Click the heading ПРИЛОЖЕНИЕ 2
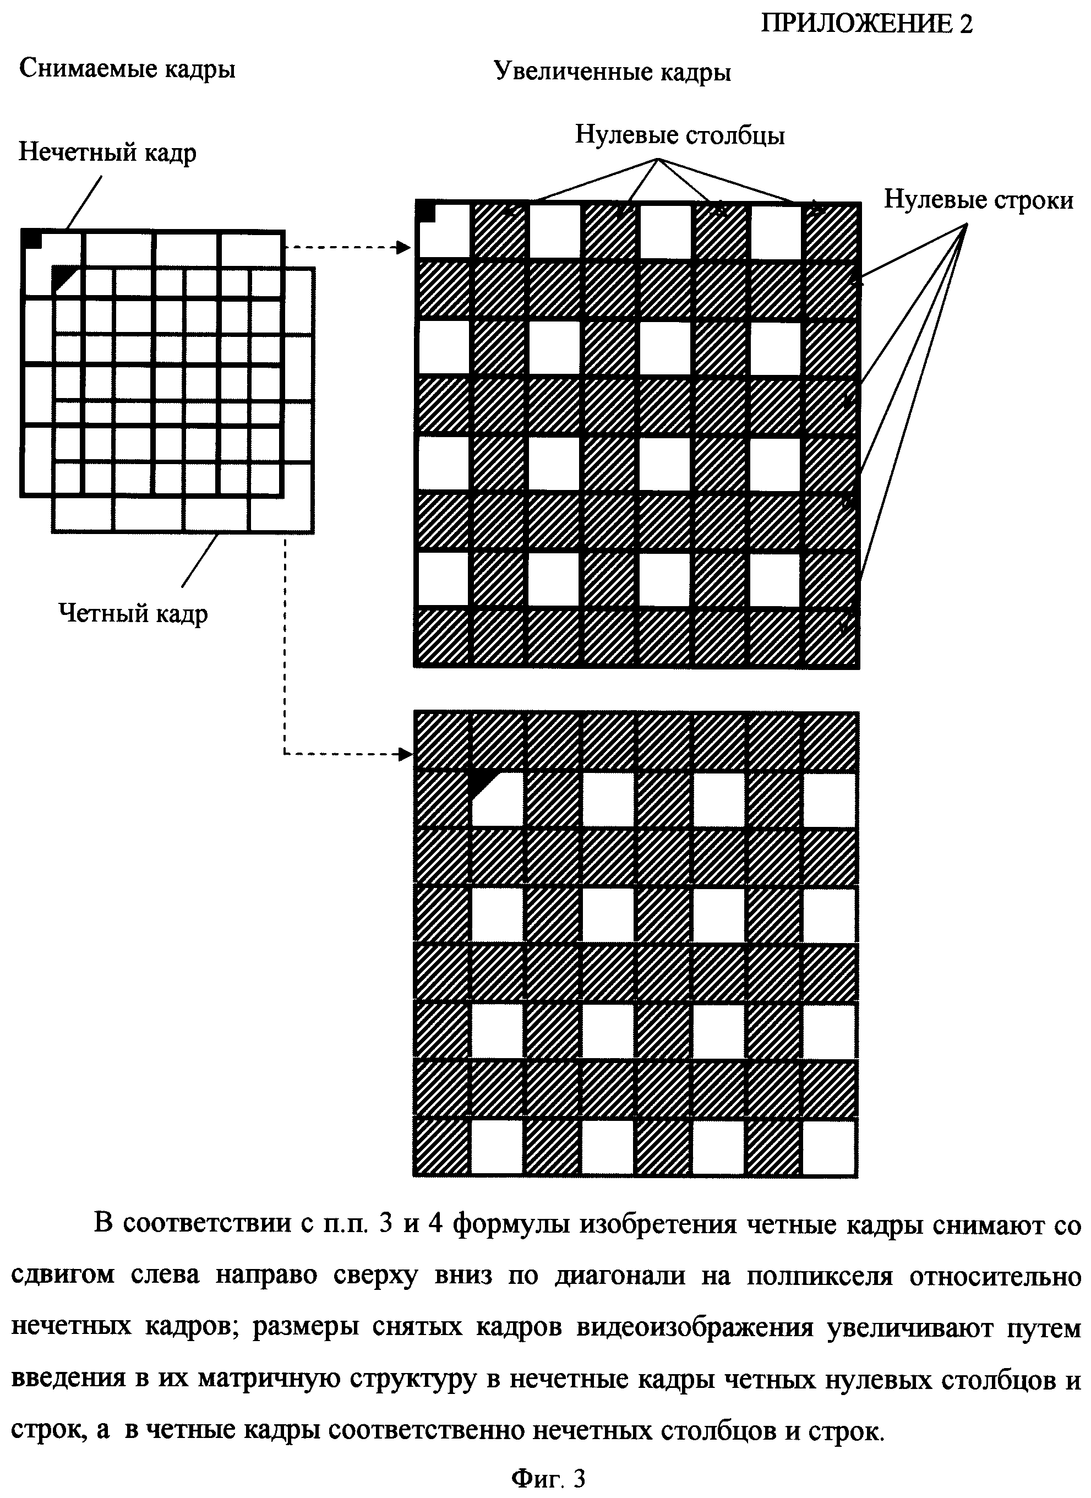[x=866, y=24]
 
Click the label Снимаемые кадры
[x=128, y=69]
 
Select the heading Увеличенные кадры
[x=612, y=72]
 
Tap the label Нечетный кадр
[x=107, y=152]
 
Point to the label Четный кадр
[x=133, y=614]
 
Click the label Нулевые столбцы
[x=680, y=135]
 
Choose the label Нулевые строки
[x=979, y=199]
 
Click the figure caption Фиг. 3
[x=548, y=1478]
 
